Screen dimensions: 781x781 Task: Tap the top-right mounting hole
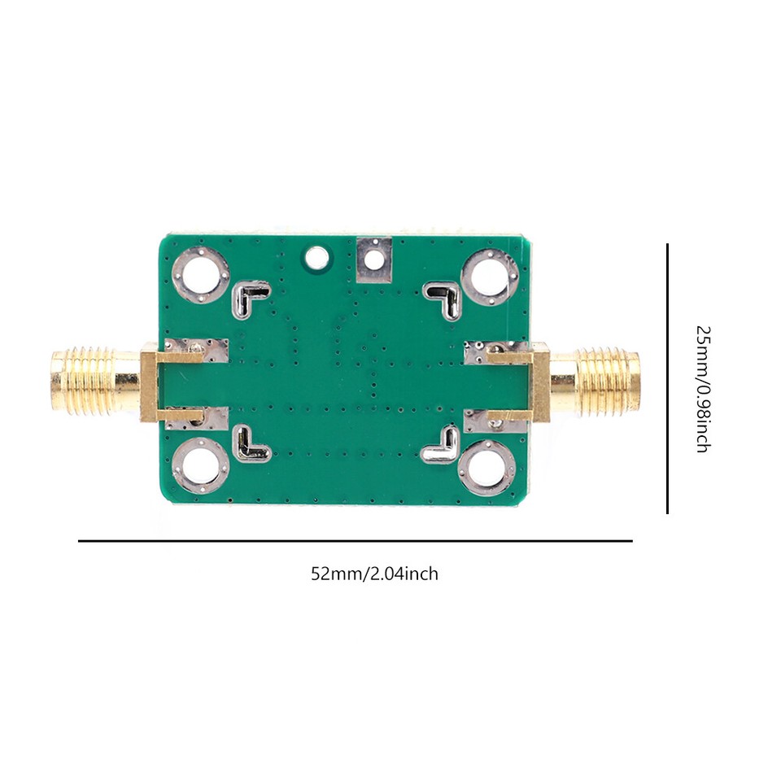(489, 277)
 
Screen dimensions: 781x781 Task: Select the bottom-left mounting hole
(200, 466)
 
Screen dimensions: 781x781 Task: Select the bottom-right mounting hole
(487, 468)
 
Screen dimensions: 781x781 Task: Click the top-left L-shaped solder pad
(251, 299)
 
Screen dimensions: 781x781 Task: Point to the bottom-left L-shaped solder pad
(252, 445)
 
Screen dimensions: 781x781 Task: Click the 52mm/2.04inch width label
(374, 574)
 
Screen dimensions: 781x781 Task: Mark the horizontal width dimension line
(355, 540)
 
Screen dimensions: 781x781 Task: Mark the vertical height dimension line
(668, 378)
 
